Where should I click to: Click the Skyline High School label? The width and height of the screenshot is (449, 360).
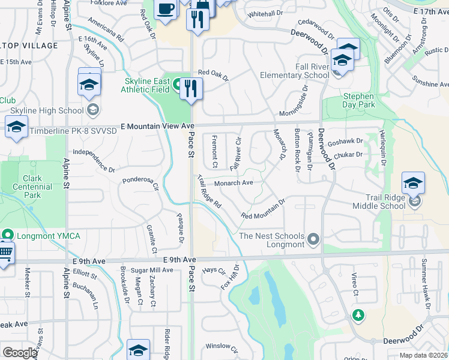[46, 110]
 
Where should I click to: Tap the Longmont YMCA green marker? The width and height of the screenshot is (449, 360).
[8, 235]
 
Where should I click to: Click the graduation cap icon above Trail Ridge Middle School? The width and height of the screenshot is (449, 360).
[413, 182]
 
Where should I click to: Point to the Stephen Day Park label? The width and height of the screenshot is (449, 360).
[358, 100]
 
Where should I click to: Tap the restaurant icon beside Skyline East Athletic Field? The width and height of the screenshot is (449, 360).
[191, 89]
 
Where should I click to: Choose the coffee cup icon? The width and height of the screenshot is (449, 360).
[165, 9]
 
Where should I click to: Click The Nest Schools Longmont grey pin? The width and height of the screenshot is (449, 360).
[313, 241]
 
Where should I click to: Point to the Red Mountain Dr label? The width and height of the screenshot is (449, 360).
[263, 209]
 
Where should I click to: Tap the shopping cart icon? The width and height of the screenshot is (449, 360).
[4, 254]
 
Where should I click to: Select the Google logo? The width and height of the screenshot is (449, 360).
[20, 353]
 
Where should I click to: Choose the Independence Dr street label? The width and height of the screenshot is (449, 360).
[94, 161]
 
